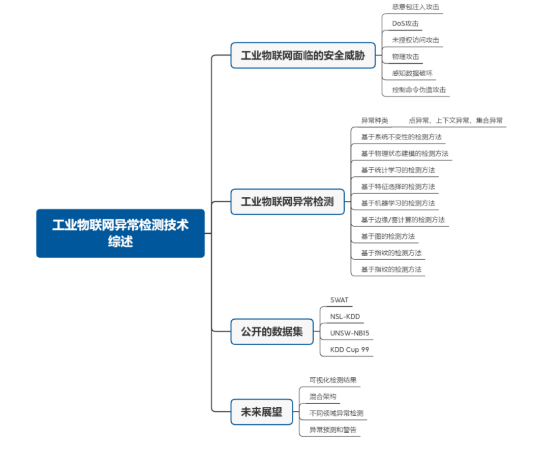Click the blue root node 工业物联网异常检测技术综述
click(120, 233)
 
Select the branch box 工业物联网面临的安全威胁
click(303, 55)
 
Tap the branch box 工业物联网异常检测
click(287, 202)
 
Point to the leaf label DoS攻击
click(405, 23)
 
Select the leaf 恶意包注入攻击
click(415, 7)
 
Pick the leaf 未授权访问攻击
click(415, 40)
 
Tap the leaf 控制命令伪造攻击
click(419, 90)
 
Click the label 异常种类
click(375, 120)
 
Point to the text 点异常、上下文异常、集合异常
click(455, 120)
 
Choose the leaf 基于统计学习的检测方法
click(398, 170)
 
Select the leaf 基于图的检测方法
click(388, 236)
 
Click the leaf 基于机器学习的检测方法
click(398, 203)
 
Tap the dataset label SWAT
click(339, 300)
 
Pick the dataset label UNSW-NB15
click(349, 333)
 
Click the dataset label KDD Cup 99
click(349, 350)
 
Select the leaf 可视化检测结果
click(333, 380)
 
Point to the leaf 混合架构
click(323, 397)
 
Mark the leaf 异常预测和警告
click(333, 430)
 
